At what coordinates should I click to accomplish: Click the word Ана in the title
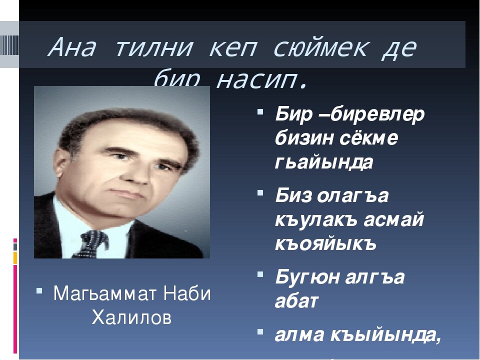point(73,48)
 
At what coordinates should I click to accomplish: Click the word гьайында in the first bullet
point(323,163)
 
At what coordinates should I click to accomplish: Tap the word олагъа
point(351,195)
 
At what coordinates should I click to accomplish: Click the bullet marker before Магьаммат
point(39,289)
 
